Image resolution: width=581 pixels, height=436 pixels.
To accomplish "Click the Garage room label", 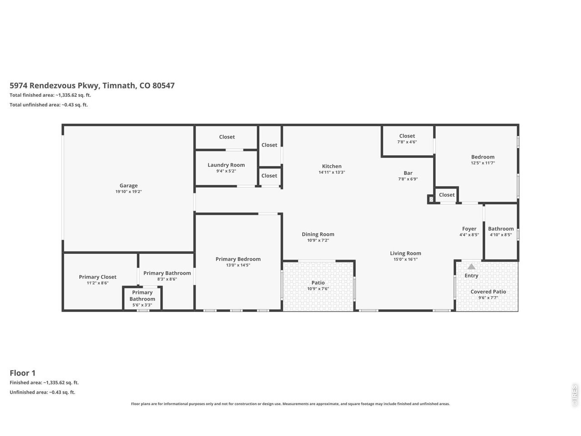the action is (128, 186).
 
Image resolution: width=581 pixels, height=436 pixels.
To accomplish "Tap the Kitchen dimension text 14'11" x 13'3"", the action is (332, 172).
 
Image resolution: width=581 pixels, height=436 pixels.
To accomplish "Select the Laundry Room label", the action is (226, 165).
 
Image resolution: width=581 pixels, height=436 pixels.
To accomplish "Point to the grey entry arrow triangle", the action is (471, 266).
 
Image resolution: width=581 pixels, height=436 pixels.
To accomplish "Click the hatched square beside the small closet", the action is (431, 199).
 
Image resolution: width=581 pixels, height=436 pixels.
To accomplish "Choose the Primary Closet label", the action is (98, 277).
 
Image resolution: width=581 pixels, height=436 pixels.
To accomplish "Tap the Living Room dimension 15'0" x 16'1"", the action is (405, 259).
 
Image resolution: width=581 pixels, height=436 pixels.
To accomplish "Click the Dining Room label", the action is (318, 234).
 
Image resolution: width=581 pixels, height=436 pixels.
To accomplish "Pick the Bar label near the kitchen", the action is (408, 173).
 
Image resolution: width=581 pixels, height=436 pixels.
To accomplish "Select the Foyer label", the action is (469, 229).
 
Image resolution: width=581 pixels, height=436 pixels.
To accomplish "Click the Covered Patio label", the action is (488, 292).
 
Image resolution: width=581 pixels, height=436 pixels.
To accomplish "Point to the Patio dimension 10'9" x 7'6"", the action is (318, 288).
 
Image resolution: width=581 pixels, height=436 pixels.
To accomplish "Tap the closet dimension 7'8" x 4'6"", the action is (407, 142).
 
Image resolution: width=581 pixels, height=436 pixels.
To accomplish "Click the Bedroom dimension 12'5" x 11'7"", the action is (483, 163).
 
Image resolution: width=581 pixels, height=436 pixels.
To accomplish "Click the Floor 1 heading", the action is (23, 373).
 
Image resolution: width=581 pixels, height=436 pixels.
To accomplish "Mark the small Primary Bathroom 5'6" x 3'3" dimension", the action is (142, 305).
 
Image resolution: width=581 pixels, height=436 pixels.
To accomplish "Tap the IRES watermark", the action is (574, 396).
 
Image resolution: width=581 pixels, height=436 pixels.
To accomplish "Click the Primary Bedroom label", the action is (238, 259).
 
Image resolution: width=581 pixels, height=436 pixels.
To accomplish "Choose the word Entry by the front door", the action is (471, 276).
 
